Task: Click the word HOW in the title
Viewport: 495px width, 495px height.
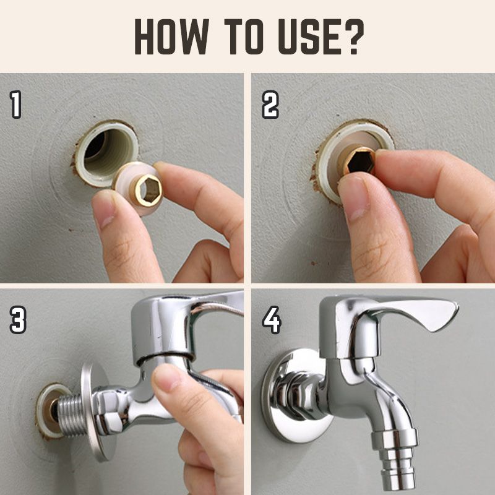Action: [x=171, y=37]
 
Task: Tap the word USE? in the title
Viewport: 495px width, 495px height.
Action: [x=321, y=37]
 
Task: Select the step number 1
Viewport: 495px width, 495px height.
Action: [x=16, y=104]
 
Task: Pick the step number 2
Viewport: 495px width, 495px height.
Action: [x=270, y=104]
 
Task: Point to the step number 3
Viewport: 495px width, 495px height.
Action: [x=18, y=320]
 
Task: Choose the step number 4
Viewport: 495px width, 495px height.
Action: [x=272, y=320]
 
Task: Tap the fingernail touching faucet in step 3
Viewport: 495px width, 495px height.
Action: [x=166, y=378]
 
